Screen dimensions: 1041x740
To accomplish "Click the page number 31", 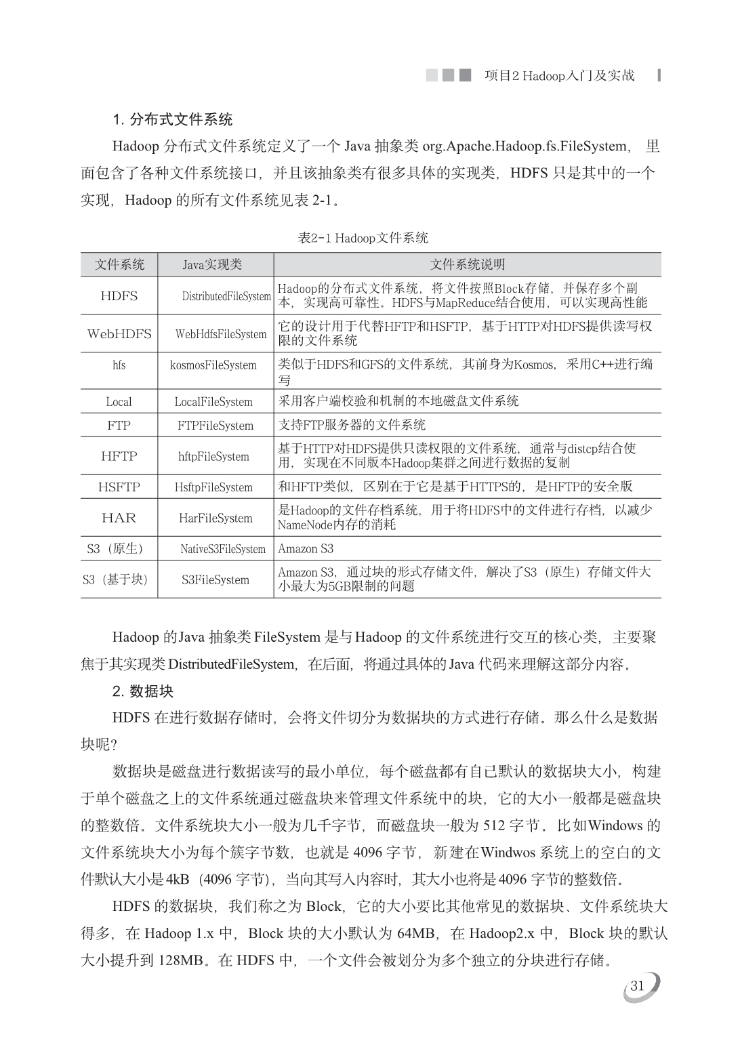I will (x=637, y=986).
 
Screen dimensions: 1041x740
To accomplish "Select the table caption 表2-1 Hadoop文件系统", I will (x=363, y=238).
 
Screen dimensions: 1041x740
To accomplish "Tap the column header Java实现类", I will (x=212, y=264).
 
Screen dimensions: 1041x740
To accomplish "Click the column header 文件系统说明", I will (x=468, y=264).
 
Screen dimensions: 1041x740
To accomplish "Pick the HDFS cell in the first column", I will (x=119, y=295).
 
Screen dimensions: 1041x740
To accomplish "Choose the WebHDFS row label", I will (x=119, y=333).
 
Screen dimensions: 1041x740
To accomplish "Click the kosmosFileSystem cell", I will (x=213, y=365).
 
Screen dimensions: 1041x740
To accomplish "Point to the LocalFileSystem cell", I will (x=213, y=402).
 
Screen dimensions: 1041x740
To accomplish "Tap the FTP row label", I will (x=119, y=426).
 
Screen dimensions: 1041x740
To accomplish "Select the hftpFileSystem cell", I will (x=213, y=457).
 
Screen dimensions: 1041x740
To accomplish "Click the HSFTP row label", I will (x=119, y=487).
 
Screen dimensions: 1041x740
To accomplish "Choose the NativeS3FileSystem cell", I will (x=223, y=549).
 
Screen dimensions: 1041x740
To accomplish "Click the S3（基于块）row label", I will (x=115, y=579).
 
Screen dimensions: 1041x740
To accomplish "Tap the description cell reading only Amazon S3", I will (x=306, y=549).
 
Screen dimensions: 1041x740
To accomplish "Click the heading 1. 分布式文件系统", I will (x=172, y=120).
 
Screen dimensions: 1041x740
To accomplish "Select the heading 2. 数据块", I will (x=143, y=691).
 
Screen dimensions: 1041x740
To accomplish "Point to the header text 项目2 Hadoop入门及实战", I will (x=560, y=75).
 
